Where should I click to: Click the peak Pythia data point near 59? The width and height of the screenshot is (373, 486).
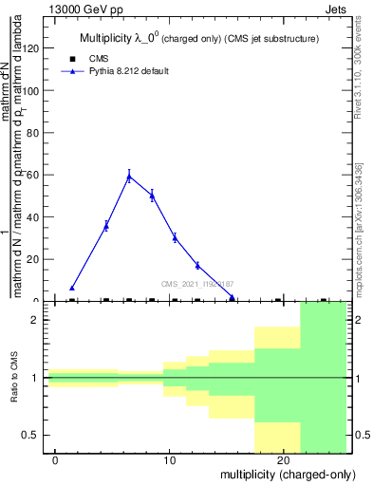point(129,176)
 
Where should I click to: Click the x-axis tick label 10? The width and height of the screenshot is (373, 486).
point(170,460)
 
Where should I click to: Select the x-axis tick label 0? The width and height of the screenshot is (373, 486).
point(56,460)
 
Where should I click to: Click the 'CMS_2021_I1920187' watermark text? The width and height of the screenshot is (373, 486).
point(197,284)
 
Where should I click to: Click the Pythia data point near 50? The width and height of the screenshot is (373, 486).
point(152,196)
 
